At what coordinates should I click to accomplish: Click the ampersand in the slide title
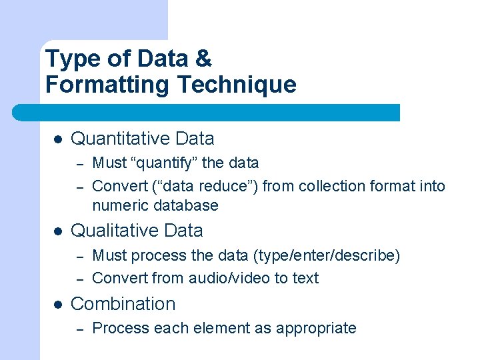[x=203, y=59]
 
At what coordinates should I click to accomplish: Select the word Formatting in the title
[x=117, y=85]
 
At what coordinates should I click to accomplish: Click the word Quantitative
[x=121, y=139]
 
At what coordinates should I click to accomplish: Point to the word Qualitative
[x=115, y=231]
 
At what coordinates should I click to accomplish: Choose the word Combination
[x=123, y=304]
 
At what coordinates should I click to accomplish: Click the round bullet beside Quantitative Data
[x=57, y=139]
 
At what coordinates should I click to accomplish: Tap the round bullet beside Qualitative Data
[x=57, y=231]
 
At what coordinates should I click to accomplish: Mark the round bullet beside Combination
[x=57, y=305]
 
